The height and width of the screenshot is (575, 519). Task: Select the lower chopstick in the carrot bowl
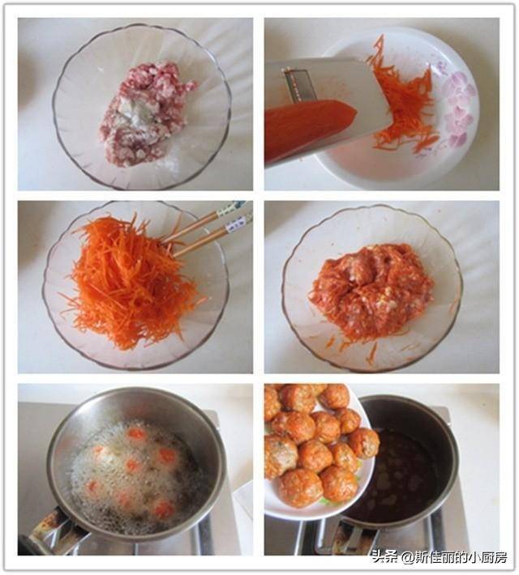coord(212,236)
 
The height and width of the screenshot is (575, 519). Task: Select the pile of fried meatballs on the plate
coord(316,444)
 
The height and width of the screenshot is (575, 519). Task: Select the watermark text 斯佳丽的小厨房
coord(461,557)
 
